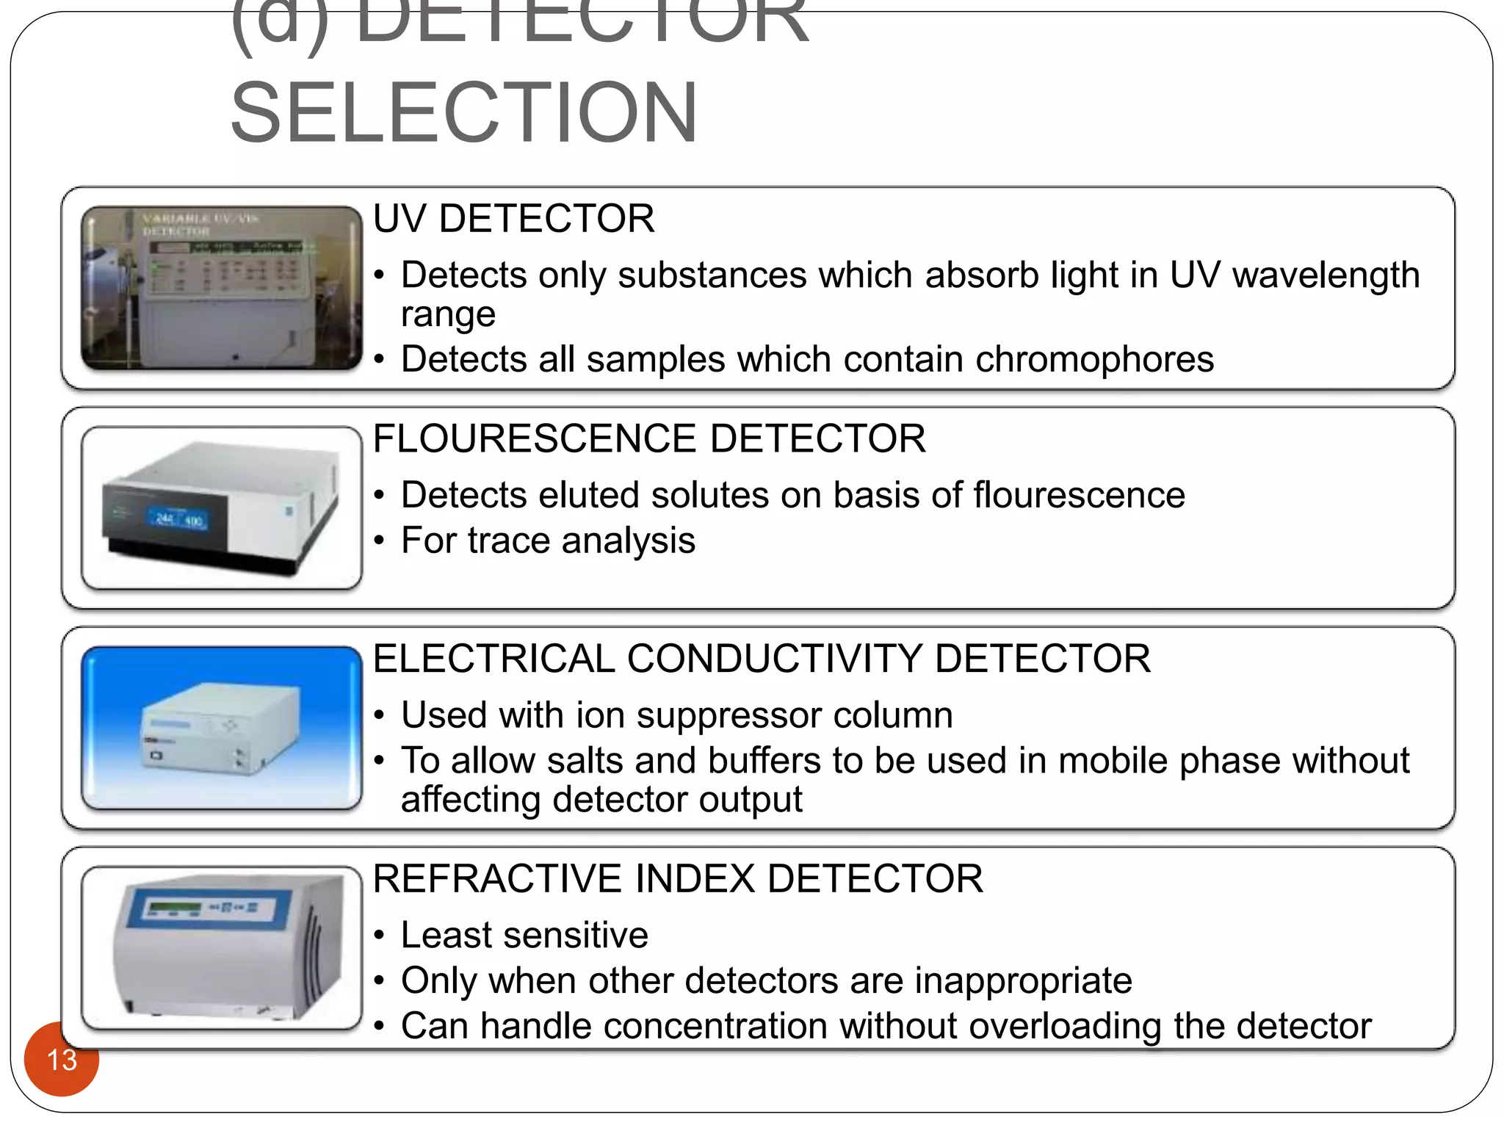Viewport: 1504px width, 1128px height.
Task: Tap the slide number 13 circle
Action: [62, 1060]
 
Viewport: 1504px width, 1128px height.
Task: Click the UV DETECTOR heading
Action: [513, 219]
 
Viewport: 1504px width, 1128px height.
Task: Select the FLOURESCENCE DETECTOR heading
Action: [649, 438]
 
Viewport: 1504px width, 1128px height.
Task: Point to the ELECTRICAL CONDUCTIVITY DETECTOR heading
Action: [762, 658]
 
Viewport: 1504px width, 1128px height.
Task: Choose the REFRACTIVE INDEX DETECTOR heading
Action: [677, 878]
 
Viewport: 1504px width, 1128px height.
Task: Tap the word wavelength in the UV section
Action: [1326, 275]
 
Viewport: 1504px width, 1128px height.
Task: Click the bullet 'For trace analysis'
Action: [548, 540]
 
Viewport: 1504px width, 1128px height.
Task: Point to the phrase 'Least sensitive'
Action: [524, 935]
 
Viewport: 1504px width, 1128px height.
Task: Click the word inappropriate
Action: [1023, 980]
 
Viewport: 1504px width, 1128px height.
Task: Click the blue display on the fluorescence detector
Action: [179, 519]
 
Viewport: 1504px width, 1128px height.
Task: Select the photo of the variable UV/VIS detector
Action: [222, 288]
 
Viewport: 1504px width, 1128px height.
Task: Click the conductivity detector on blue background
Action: [220, 727]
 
